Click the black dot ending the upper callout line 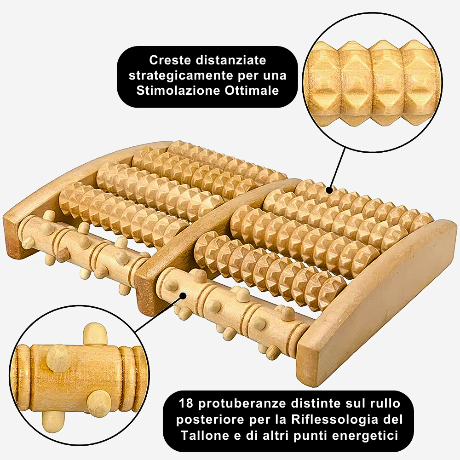tap(329, 189)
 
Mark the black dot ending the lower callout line tap(183, 297)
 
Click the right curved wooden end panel tap(377, 294)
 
